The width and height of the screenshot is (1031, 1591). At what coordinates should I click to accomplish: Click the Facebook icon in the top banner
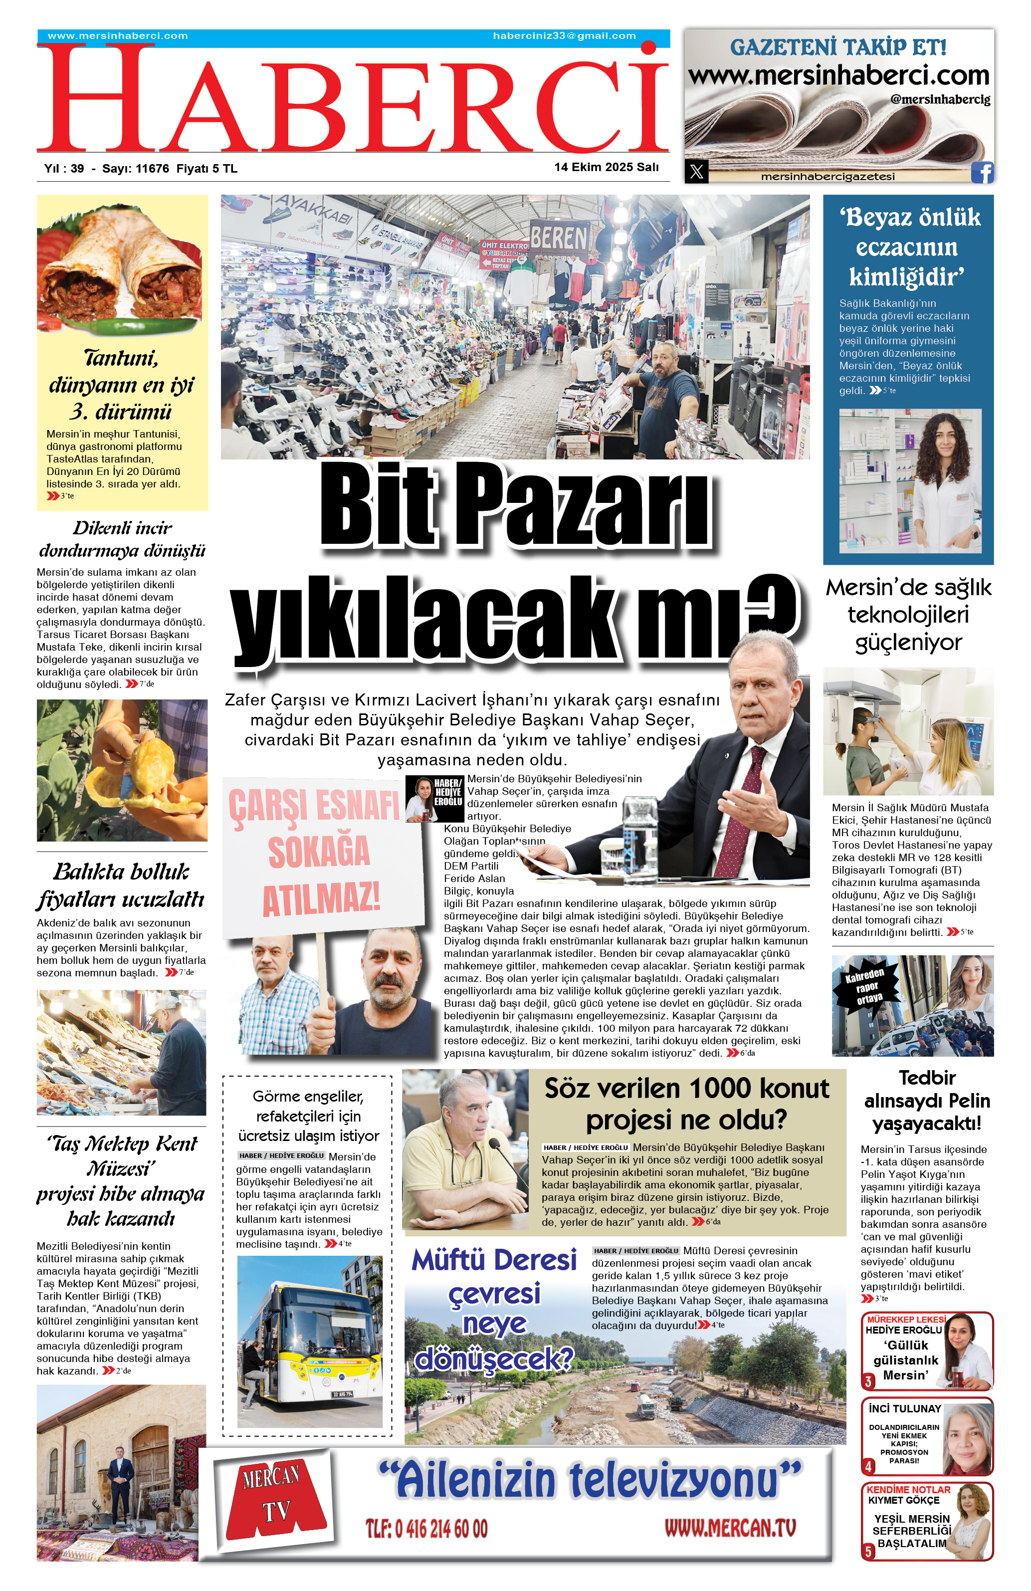[x=982, y=173]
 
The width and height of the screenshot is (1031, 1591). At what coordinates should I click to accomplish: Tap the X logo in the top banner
[x=696, y=172]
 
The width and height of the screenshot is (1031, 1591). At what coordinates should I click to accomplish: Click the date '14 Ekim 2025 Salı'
[x=606, y=167]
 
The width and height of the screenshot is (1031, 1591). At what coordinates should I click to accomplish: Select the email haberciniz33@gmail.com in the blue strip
[x=564, y=36]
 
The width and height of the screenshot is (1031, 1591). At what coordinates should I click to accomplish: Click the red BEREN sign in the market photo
[x=559, y=238]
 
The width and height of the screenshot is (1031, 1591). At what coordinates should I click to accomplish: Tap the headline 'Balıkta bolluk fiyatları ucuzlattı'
[x=121, y=885]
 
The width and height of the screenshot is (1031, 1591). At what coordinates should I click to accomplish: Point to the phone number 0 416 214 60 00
[x=426, y=1528]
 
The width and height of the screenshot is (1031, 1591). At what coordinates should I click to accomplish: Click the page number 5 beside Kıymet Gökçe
[x=868, y=1552]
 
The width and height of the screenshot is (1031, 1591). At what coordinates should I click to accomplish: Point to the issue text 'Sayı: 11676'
[x=136, y=169]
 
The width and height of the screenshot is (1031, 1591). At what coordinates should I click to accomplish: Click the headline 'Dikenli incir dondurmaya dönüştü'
[x=122, y=539]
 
